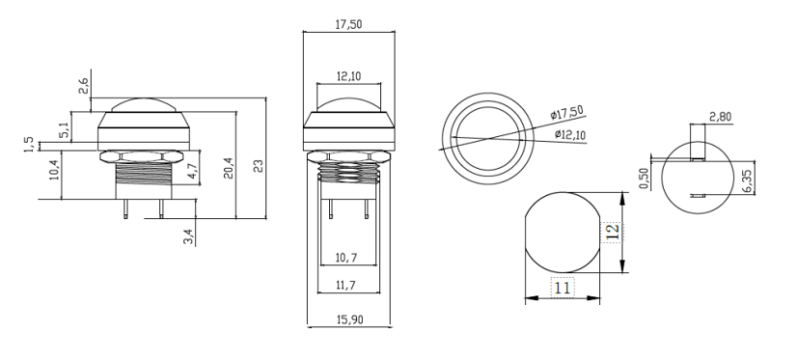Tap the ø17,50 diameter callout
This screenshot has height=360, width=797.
click(567, 114)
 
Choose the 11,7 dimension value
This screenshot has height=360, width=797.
click(347, 287)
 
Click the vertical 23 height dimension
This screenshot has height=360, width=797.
click(259, 165)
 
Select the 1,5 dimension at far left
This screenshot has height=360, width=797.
click(30, 144)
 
